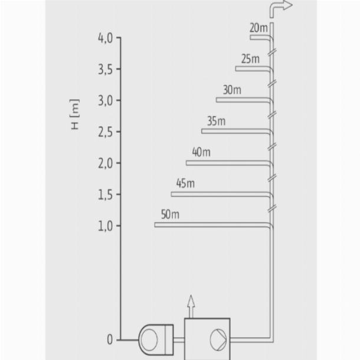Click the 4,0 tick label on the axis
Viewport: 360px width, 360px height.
106,38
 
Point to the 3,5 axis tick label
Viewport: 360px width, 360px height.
106,69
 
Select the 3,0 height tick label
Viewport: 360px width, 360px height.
106,101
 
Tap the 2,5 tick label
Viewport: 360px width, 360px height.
106,132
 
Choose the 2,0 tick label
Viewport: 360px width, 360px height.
106,163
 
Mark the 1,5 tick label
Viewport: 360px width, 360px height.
106,195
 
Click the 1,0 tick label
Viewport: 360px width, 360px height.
106,227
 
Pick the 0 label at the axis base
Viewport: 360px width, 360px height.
110,339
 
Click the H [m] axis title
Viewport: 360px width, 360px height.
75,114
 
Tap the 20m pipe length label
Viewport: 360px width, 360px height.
258,28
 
